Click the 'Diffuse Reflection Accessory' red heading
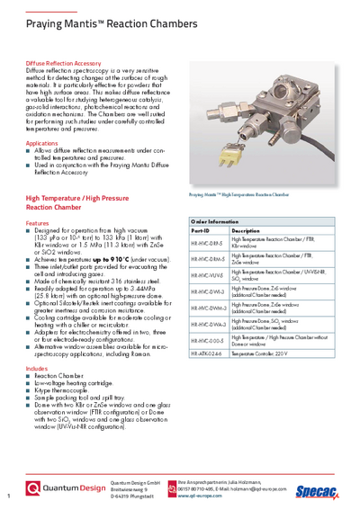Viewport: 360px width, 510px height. [62, 64]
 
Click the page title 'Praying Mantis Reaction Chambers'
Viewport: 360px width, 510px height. [90, 20]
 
